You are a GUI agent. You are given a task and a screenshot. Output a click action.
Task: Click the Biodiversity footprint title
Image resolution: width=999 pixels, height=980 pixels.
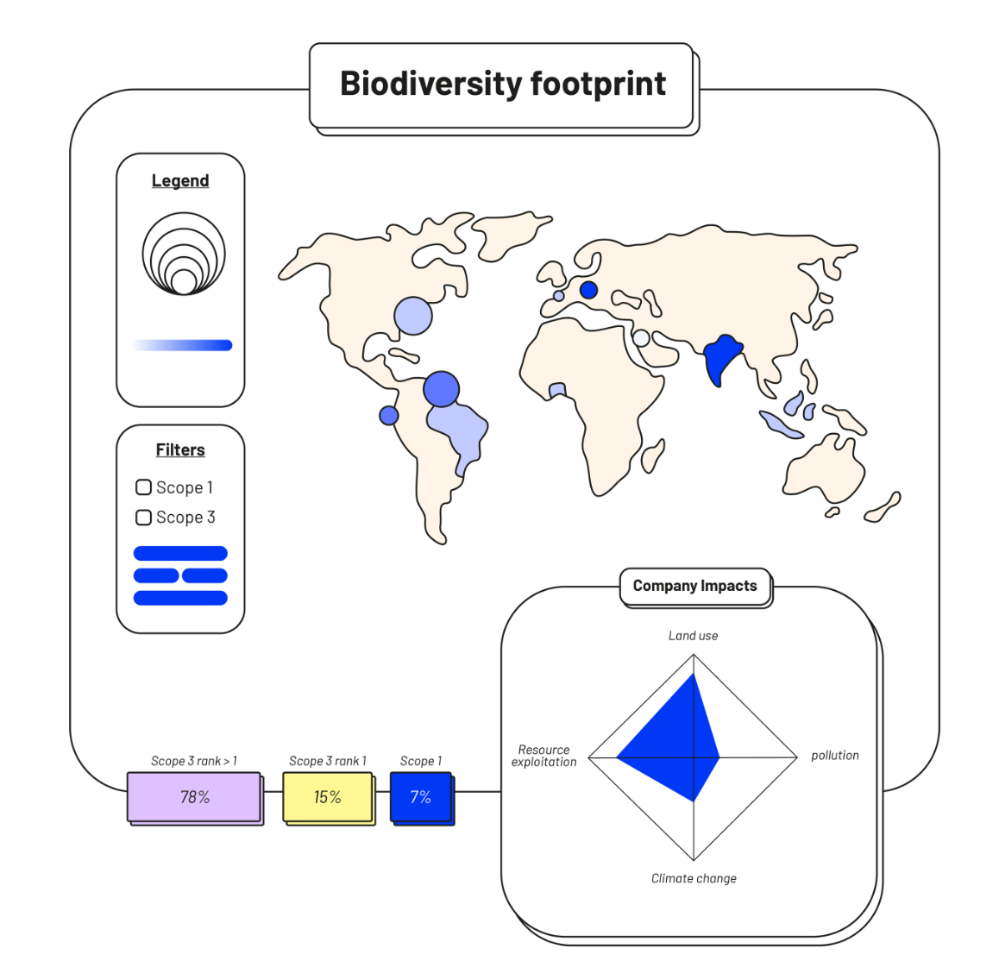coord(502,85)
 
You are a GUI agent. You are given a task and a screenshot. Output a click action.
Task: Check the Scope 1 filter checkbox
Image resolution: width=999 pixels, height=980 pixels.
coord(144,487)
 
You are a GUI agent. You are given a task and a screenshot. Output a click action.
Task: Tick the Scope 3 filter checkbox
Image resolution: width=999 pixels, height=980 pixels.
coord(144,518)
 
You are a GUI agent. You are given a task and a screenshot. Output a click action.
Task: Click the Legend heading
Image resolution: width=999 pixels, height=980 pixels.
coord(180,181)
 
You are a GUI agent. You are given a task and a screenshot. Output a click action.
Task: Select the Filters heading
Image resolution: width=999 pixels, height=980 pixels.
coord(180,450)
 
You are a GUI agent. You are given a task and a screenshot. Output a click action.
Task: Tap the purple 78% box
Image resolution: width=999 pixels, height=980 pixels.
coord(194,797)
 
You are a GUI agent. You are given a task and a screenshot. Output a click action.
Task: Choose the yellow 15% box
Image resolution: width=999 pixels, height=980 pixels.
coord(328,797)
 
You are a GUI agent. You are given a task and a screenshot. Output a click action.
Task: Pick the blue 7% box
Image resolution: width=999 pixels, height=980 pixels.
coord(420,797)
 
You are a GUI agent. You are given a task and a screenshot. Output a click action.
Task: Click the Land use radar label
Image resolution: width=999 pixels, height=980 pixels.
coord(693,636)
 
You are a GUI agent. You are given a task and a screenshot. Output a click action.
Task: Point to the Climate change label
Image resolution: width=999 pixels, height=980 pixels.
coord(694,878)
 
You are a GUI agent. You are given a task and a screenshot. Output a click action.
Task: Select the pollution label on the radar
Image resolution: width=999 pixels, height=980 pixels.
coord(835,756)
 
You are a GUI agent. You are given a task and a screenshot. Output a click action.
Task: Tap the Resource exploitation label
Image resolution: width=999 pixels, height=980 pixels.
coord(543,756)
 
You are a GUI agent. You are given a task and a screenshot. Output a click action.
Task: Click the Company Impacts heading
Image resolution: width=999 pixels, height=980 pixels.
coord(694,586)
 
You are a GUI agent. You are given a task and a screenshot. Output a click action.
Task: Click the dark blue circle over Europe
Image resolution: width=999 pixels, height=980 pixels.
coord(588,290)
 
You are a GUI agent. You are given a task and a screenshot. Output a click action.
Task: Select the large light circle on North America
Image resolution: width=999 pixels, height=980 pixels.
coord(413,317)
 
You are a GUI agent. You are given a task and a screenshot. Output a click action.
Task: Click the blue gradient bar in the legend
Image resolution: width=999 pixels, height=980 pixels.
coord(183,345)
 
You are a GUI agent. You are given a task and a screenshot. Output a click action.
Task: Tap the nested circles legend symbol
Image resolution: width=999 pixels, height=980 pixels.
coord(184,254)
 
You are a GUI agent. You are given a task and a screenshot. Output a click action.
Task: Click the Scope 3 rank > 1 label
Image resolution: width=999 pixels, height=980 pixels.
coord(194,761)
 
